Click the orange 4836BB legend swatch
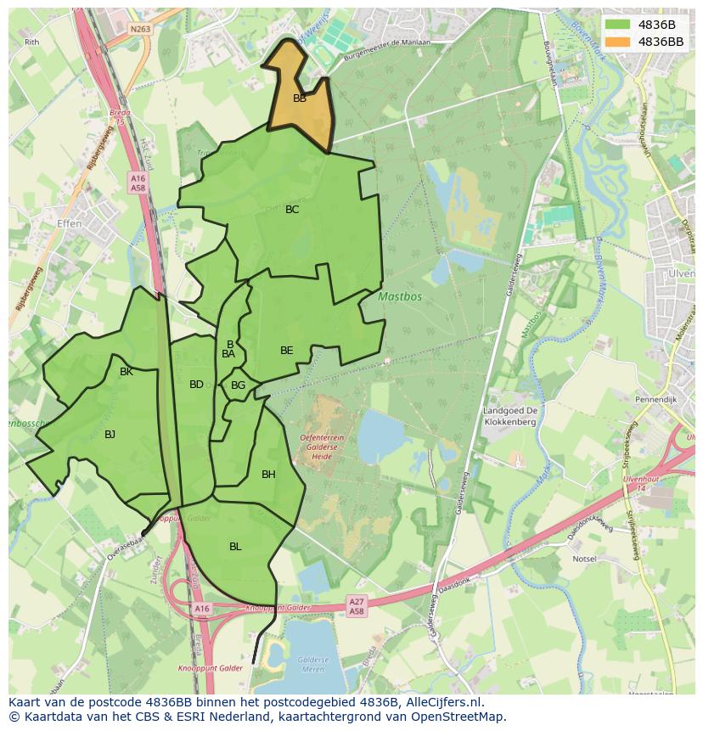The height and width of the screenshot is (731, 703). [618, 42]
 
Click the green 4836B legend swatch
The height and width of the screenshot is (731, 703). [618, 25]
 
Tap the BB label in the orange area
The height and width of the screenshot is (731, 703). [300, 98]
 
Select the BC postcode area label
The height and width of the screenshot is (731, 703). [292, 210]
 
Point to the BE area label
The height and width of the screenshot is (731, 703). [287, 351]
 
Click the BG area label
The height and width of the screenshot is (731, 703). [238, 385]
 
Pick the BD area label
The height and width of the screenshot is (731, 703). [196, 385]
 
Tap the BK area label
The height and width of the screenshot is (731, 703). [127, 372]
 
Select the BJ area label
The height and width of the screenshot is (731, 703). [110, 435]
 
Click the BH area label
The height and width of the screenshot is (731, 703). [268, 475]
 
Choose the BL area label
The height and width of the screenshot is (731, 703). [235, 547]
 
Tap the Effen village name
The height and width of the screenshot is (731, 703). [70, 223]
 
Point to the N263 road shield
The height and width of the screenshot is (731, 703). [140, 28]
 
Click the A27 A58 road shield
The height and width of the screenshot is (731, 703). [357, 606]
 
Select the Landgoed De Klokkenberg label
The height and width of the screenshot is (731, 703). [509, 416]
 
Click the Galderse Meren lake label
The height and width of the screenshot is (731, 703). [313, 664]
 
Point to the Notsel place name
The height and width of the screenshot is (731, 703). [584, 559]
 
